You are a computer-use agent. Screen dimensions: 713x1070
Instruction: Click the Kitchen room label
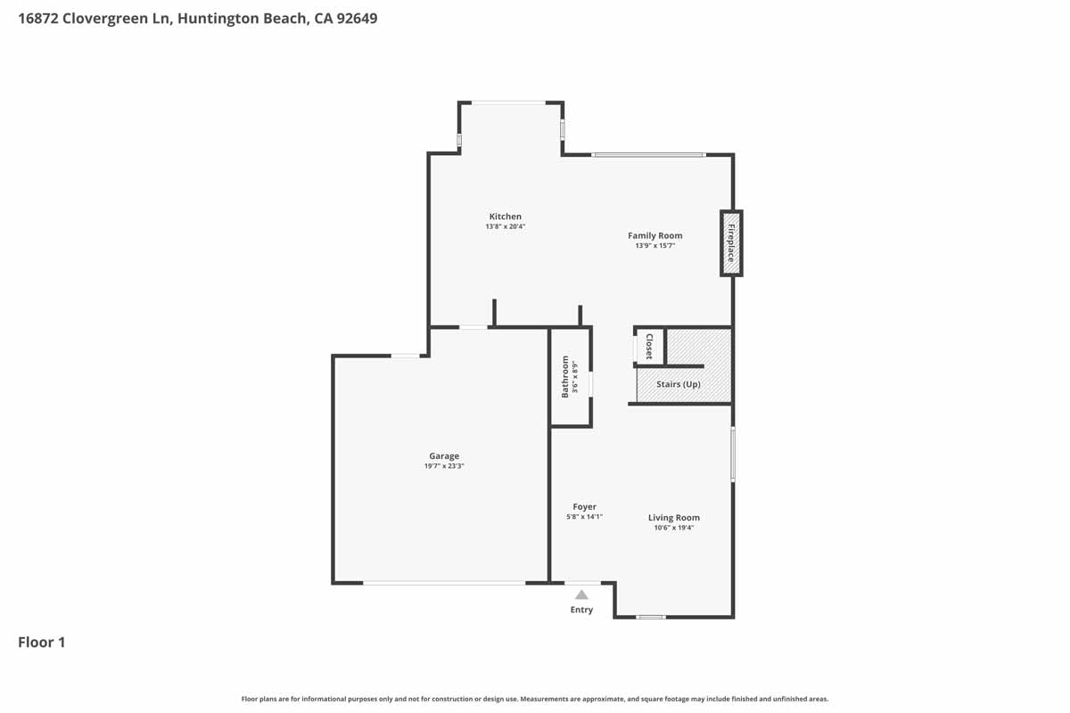coord(505,217)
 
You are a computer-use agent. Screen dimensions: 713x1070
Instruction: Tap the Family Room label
coord(654,236)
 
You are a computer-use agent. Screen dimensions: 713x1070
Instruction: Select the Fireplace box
coord(731,242)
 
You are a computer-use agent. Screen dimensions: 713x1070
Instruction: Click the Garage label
coord(444,456)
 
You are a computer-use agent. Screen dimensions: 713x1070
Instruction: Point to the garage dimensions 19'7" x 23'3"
coord(444,466)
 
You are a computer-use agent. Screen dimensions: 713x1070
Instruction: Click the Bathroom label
coord(565,376)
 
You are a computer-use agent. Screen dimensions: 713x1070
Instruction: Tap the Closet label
coord(649,346)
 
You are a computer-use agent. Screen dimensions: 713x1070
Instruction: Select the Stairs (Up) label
coord(679,384)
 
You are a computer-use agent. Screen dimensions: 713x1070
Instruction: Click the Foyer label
coord(584,507)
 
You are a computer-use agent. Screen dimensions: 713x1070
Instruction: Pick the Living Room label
coord(673,518)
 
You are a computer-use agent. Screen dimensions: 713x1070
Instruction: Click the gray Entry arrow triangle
coord(581,594)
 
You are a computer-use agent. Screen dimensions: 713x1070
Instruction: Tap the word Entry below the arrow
coord(581,611)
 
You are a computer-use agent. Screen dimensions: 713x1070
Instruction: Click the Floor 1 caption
coord(42,642)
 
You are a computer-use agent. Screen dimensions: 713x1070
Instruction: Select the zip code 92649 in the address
coord(357,18)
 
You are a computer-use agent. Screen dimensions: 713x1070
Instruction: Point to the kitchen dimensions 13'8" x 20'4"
coord(505,226)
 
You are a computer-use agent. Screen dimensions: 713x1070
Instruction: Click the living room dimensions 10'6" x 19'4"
coord(673,528)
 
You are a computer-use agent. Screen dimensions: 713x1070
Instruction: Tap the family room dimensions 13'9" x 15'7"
coord(654,246)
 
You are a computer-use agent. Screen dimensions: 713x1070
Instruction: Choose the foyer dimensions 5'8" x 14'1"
coord(584,517)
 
